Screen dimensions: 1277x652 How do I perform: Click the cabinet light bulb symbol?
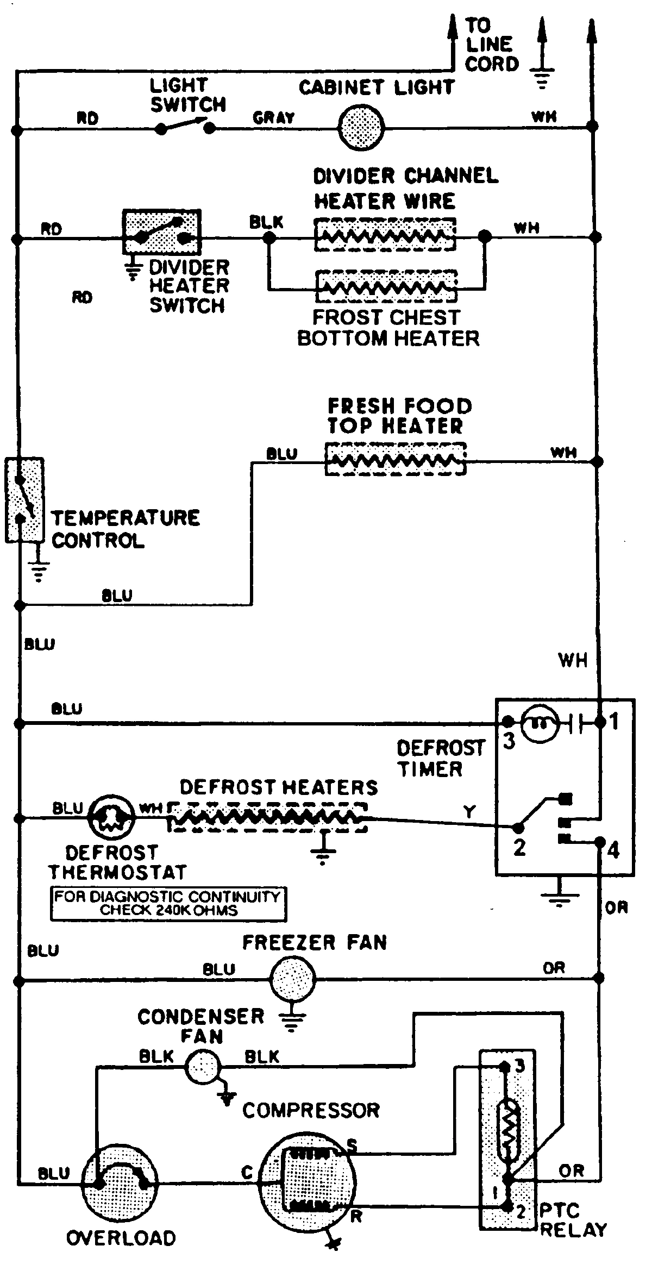point(361,128)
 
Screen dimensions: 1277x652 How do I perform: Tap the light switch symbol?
point(185,128)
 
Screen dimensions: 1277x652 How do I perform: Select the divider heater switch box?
point(162,232)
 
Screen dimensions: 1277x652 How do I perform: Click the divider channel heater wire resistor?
point(385,235)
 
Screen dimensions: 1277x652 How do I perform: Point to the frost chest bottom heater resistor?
point(386,286)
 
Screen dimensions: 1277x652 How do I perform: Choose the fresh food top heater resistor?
point(395,460)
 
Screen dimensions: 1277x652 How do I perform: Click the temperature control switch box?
point(24,500)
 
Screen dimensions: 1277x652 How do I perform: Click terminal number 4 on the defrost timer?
point(612,849)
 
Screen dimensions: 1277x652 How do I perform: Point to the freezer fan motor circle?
point(292,979)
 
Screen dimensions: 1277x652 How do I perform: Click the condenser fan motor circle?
point(203,1066)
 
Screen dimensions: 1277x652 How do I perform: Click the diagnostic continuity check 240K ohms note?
point(168,904)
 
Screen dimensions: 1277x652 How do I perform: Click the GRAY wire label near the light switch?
point(273,117)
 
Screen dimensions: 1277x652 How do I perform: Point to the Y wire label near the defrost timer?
point(469,812)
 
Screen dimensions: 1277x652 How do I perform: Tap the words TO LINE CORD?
point(491,45)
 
